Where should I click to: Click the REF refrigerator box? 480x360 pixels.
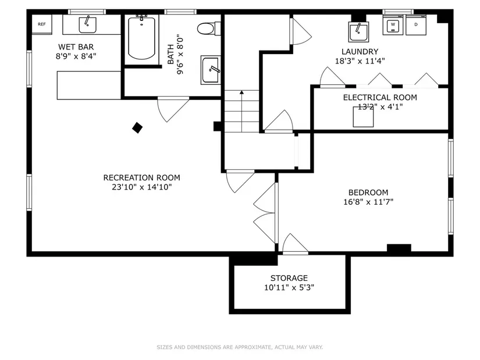[x=41, y=24]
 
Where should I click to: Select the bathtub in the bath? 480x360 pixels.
[x=142, y=38]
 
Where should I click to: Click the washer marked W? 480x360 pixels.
[x=393, y=25]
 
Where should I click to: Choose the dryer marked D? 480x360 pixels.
[x=415, y=25]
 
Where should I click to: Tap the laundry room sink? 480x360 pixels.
[x=358, y=31]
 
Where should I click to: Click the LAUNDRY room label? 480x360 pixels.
[x=360, y=51]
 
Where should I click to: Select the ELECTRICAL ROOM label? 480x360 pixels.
[x=372, y=97]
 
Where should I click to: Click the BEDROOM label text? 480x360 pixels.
[x=368, y=193]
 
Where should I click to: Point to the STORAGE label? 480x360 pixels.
[x=289, y=278]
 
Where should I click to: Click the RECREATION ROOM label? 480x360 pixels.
[x=141, y=177]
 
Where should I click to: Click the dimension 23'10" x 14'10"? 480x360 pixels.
[x=141, y=187]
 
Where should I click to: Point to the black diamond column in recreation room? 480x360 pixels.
[x=137, y=127]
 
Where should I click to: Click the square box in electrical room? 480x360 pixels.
[x=364, y=116]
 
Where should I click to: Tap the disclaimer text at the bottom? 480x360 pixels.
[x=240, y=347]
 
